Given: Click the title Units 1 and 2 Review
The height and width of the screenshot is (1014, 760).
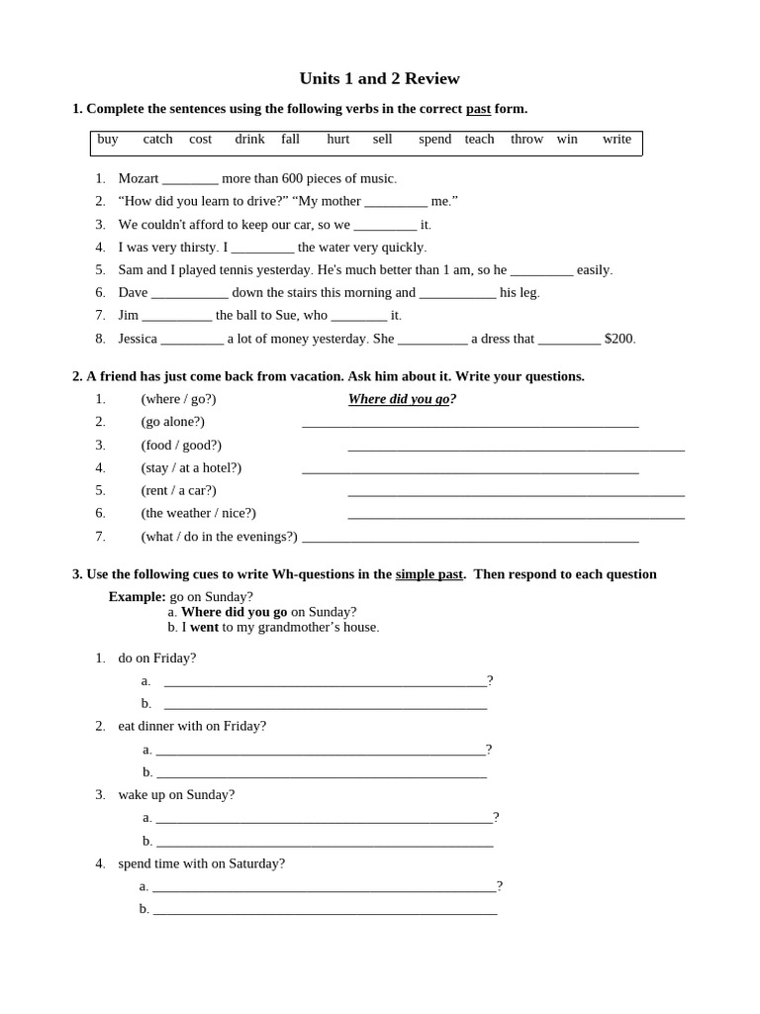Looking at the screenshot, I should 379,78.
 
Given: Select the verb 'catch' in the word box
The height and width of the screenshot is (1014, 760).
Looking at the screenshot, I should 157,139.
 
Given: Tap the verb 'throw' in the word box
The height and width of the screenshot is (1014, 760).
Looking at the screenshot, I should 526,139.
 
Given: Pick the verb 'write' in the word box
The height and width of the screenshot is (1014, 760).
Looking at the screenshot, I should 617,139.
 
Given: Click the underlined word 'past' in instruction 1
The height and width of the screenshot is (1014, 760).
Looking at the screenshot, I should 478,108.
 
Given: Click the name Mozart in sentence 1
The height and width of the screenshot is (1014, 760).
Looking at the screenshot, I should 138,178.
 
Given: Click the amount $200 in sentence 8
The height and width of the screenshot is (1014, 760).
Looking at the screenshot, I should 619,339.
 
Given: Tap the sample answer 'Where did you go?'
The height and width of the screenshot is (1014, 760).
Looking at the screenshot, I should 402,399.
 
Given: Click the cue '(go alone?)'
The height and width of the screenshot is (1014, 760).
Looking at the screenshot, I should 172,422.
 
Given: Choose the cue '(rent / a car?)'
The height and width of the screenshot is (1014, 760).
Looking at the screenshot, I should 178,490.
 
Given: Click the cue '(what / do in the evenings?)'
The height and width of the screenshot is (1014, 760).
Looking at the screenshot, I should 219,536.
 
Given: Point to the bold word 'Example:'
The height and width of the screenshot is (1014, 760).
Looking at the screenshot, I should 137,596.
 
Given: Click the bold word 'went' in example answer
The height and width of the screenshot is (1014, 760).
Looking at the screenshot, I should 204,627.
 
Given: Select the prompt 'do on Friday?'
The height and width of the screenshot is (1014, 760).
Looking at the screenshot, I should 156,658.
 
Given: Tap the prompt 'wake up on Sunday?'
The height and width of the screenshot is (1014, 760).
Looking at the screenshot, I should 176,794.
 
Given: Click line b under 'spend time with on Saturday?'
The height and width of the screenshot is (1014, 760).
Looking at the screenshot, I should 325,910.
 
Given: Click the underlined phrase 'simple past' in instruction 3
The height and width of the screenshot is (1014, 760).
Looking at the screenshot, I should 428,574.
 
